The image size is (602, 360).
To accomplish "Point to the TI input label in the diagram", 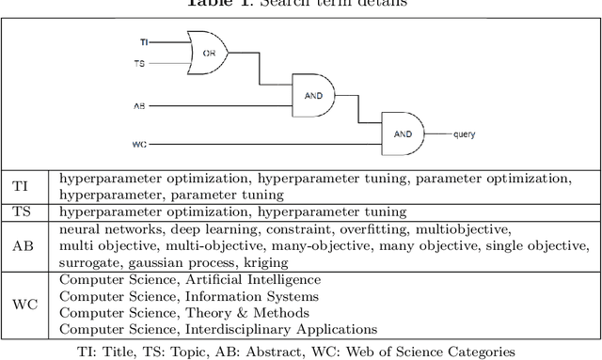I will pos(144,41).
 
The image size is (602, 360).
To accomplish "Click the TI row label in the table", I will pos(20,187).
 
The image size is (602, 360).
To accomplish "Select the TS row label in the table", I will pos(20,212).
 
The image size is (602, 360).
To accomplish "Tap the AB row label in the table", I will pos(22,245).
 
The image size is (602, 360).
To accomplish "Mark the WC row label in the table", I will pos(22,305).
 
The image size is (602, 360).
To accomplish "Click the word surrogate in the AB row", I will pos(92,262).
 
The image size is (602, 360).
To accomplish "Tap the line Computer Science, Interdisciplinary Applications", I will pos(218,329).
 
